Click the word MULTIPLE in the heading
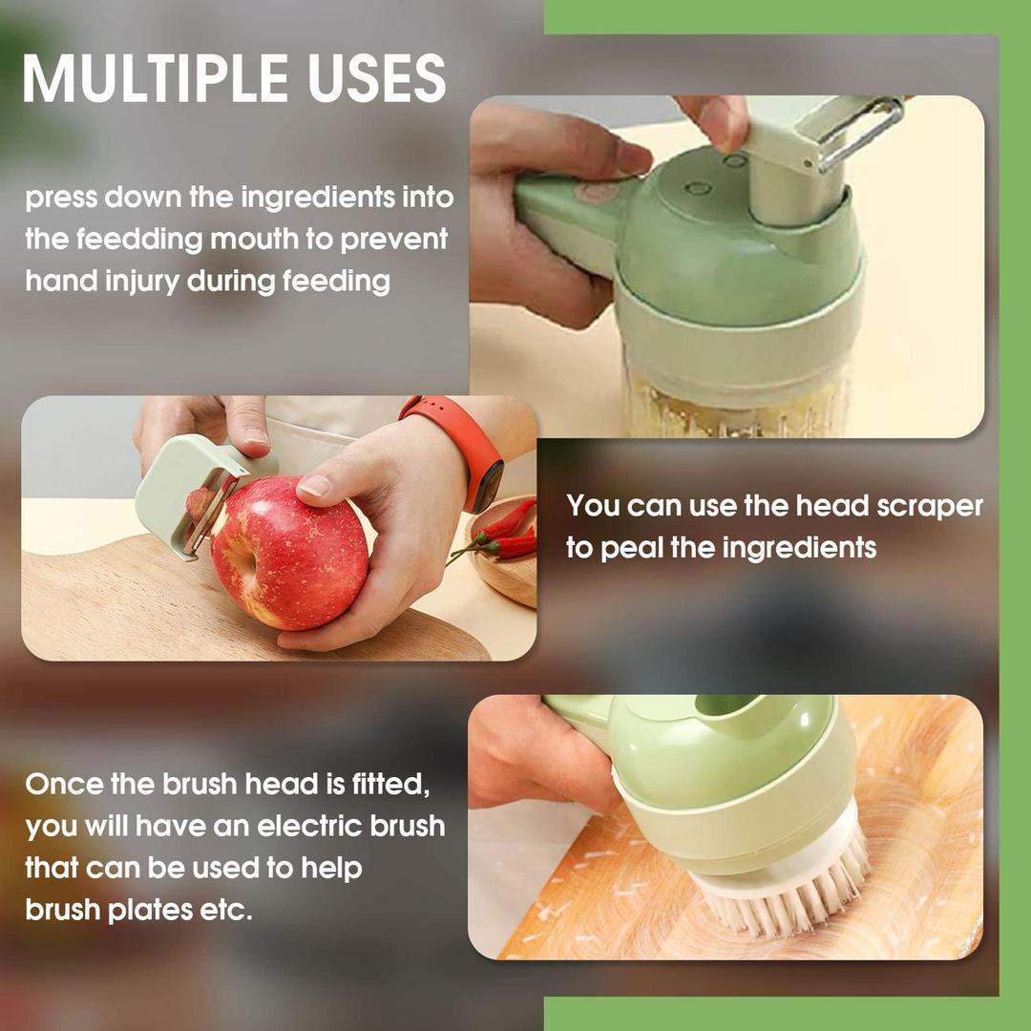pyautogui.click(x=156, y=78)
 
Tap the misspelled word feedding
pyautogui.click(x=139, y=241)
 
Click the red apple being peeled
pyautogui.click(x=288, y=552)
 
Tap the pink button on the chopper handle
pyautogui.click(x=598, y=192)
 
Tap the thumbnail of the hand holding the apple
pyautogui.click(x=315, y=485)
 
